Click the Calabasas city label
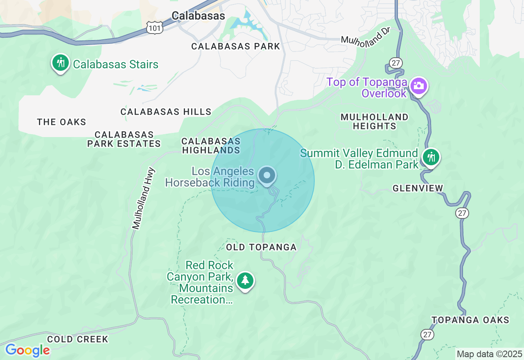pyautogui.click(x=198, y=16)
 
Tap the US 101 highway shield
pyautogui.click(x=155, y=27)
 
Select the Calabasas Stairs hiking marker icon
pyautogui.click(x=61, y=63)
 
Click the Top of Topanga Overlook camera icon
pyautogui.click(x=419, y=86)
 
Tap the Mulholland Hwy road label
pyautogui.click(x=144, y=198)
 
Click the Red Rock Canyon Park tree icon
pyautogui.click(x=245, y=281)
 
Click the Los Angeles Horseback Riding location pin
pyautogui.click(x=267, y=176)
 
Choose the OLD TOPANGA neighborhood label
pyautogui.click(x=261, y=247)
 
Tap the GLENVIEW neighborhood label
pyautogui.click(x=418, y=188)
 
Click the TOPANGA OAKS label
pyautogui.click(x=470, y=320)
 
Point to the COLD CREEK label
pyautogui.click(x=77, y=339)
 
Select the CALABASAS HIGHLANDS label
pyautogui.click(x=211, y=146)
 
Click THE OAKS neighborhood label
pyautogui.click(x=61, y=122)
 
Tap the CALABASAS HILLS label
pyautogui.click(x=166, y=112)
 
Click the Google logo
pyautogui.click(x=27, y=350)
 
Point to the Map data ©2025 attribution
pyautogui.click(x=490, y=354)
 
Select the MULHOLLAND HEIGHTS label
pyautogui.click(x=375, y=122)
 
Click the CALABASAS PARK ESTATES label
pyautogui.click(x=124, y=139)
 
